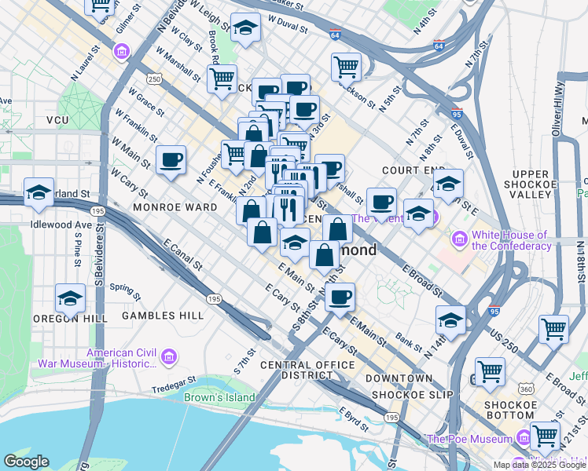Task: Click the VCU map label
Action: click(x=58, y=120)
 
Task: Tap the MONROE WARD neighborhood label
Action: click(x=175, y=207)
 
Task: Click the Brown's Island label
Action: click(x=219, y=397)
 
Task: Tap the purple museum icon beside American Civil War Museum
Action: click(x=168, y=358)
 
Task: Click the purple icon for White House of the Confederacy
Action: click(x=459, y=236)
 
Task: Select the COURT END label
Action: click(x=409, y=170)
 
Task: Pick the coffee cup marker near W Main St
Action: click(x=171, y=161)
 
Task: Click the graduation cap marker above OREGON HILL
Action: click(x=70, y=299)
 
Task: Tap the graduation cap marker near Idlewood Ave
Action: click(x=39, y=192)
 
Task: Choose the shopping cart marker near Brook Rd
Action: click(x=222, y=78)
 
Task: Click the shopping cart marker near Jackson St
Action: click(x=346, y=67)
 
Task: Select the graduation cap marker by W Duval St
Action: click(x=246, y=28)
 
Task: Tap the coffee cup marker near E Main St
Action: click(x=340, y=298)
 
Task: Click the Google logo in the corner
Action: click(x=26, y=462)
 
